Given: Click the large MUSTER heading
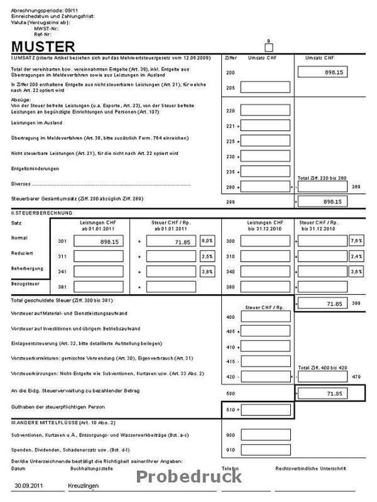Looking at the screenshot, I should point(43,47).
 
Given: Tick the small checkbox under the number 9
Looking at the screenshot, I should point(268,48).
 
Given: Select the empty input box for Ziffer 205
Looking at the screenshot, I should point(265,87).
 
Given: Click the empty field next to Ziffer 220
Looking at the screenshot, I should point(265,110).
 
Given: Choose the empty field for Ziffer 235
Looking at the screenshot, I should point(265,171).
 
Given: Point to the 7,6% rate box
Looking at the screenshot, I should point(356,241).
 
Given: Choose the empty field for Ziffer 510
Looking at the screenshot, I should point(265,410).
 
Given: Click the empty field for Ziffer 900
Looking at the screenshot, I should point(265,434).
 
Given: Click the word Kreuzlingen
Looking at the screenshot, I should point(84,486).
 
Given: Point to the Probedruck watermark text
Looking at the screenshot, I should point(188,476).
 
